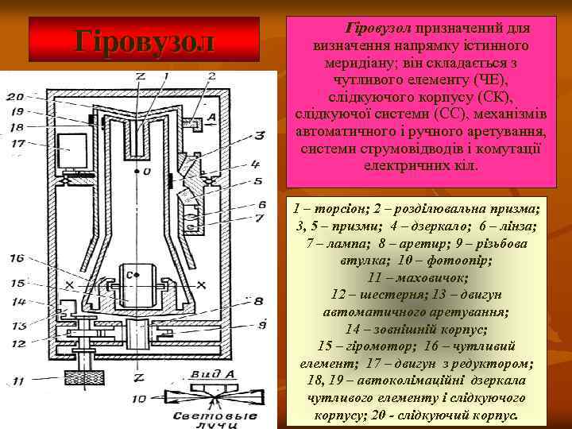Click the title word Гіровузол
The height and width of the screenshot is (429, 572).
click(x=145, y=41)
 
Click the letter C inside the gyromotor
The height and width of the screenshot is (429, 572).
click(x=129, y=275)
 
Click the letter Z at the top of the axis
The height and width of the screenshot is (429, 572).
click(x=140, y=76)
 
